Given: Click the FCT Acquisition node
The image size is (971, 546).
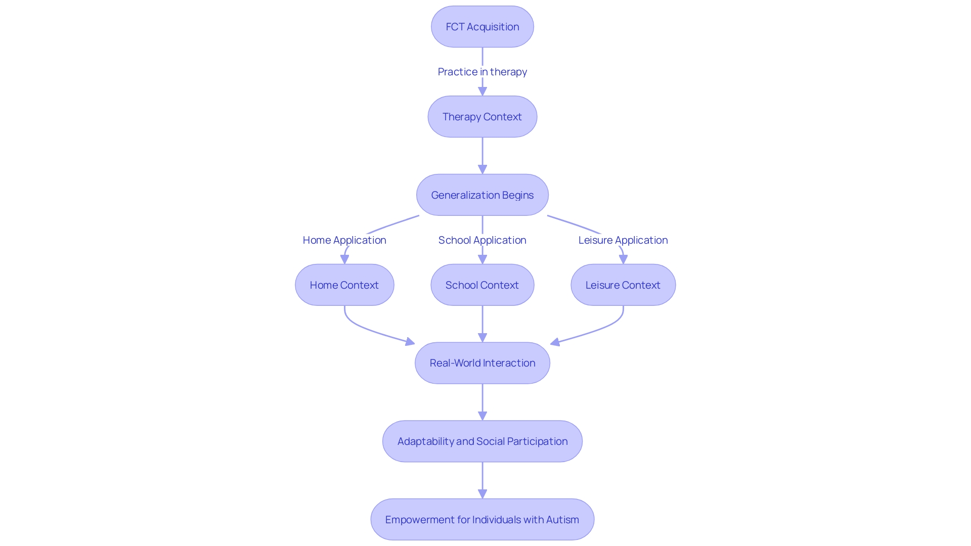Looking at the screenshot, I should tap(482, 27).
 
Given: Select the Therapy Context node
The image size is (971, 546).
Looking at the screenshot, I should tap(482, 117).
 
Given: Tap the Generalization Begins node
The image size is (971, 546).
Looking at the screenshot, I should tap(482, 195).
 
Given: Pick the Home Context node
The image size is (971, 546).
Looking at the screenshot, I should tap(344, 285).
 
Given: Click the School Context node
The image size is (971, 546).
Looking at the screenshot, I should tap(482, 285).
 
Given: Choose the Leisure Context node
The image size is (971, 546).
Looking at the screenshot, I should tap(623, 285).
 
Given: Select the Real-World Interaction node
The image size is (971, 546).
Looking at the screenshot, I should tap(482, 363).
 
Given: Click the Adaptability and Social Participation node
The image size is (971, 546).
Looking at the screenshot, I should tap(482, 441).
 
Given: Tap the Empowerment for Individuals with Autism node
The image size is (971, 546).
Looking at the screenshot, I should tap(482, 520).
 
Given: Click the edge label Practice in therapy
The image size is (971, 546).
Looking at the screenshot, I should tap(482, 72).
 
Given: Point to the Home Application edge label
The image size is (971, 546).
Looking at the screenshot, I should tap(344, 240).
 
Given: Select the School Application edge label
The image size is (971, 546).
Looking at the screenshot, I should tap(482, 240).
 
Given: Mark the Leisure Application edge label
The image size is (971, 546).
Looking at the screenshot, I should tap(623, 240).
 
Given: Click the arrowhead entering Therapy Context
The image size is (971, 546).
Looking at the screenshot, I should tap(482, 91).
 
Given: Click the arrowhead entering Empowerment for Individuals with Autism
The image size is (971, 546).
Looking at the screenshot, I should tap(482, 493).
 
